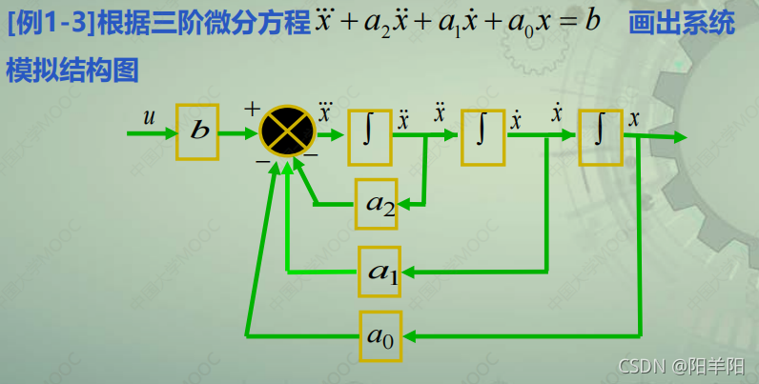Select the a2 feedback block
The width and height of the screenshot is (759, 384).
[x=379, y=203]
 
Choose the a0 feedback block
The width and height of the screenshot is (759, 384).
[x=380, y=335]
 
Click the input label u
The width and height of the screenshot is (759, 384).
[x=149, y=117]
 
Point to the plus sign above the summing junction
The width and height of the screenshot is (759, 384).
[x=251, y=109]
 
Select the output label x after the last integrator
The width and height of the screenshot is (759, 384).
[x=633, y=117]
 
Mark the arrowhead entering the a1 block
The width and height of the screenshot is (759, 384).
[x=411, y=273]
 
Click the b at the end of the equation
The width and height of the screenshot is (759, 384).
[x=593, y=21]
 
